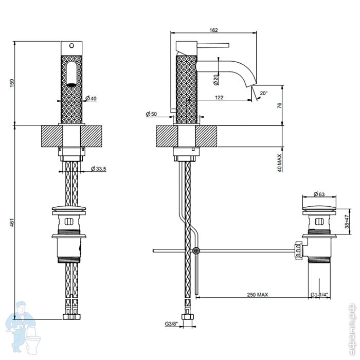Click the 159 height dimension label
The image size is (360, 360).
11,82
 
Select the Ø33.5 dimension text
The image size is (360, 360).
98,169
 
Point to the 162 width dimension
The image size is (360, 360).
214,30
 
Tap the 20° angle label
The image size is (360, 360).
264,93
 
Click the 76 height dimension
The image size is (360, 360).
279,105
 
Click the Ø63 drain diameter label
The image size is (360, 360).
319,194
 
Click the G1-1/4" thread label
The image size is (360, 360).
319,295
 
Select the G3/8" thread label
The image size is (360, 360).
172,323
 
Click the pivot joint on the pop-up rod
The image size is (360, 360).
195,250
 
